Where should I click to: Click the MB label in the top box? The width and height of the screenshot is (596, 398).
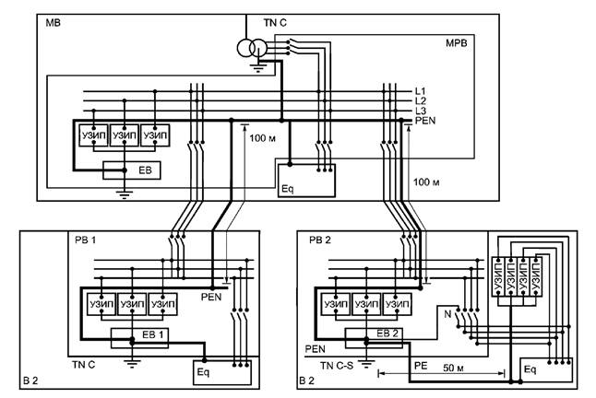coord(53,21)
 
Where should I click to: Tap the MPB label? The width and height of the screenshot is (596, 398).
coord(458,43)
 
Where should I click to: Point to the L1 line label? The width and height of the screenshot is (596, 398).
coord(421,90)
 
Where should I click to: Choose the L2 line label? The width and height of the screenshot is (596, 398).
coord(421,100)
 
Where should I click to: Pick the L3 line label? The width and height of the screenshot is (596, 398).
coord(421,111)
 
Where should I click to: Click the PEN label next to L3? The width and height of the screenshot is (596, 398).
coord(424,121)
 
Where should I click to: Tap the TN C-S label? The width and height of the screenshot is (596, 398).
coord(337,366)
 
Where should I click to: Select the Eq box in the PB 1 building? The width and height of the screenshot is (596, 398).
coord(220,372)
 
